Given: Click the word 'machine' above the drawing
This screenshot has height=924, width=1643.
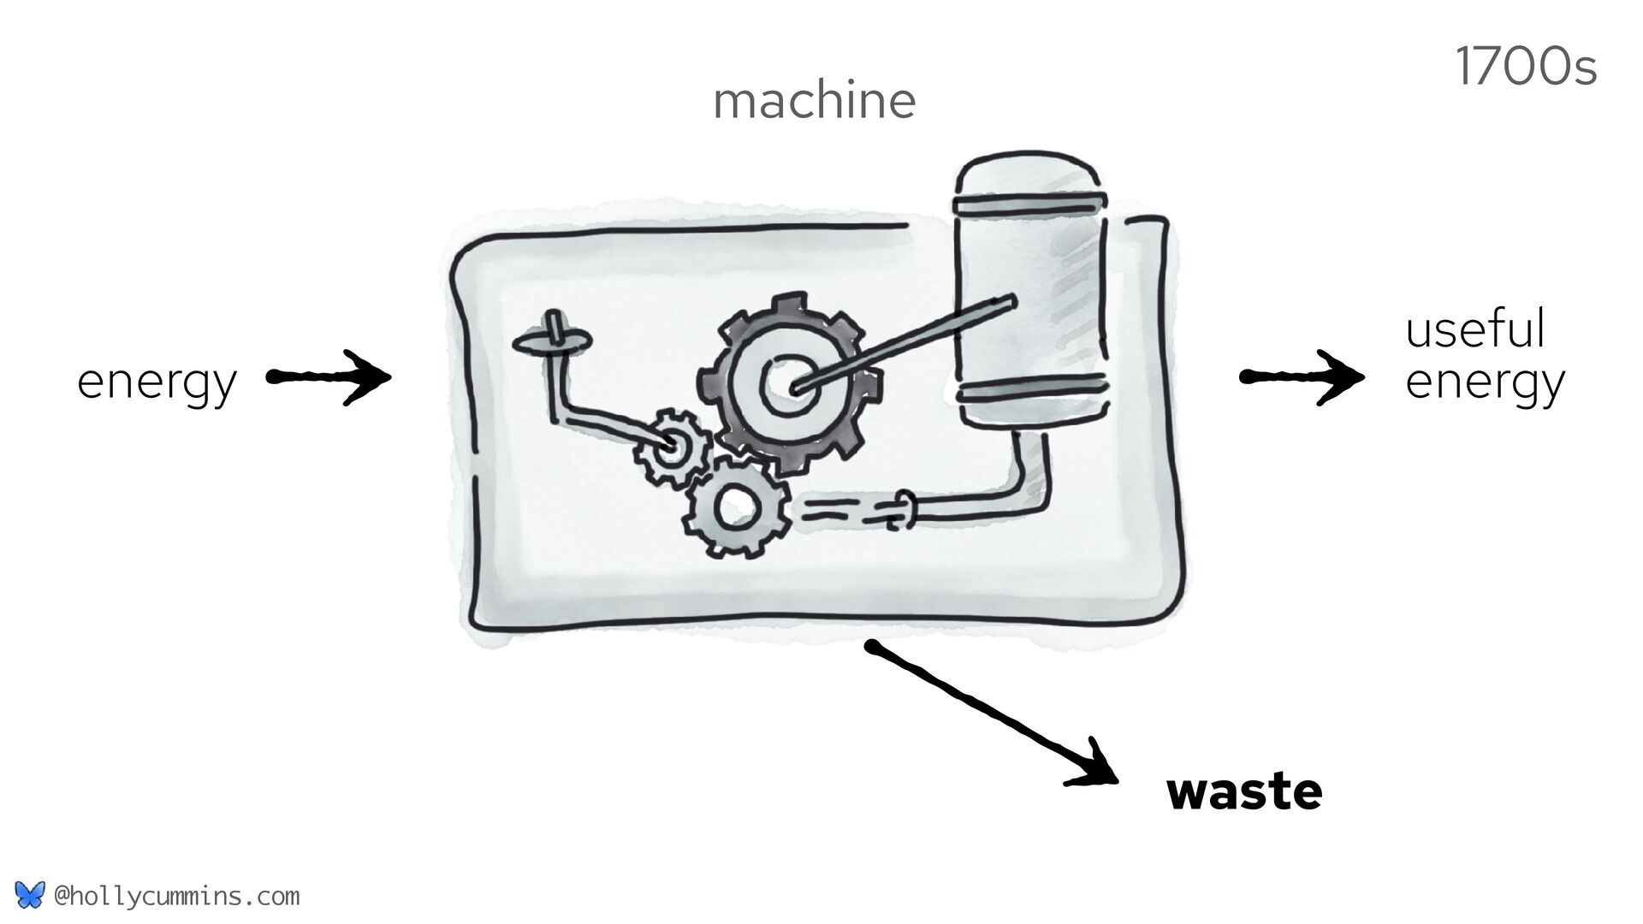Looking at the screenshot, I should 814,101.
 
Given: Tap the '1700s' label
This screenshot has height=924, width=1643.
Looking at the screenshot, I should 1526,68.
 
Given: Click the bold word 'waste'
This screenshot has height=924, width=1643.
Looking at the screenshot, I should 1243,792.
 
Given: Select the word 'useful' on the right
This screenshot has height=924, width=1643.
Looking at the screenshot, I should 1475,329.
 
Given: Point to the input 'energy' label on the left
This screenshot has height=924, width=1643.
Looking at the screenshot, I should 157,382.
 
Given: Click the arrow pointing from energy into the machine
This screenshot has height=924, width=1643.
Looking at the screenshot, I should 329,376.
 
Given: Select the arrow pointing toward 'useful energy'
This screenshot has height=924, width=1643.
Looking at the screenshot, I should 1302,376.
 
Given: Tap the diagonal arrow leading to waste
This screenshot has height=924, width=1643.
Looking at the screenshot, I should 993,714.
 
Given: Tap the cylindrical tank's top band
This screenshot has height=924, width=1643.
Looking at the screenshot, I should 1032,204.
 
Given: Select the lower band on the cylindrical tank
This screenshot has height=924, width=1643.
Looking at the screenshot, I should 1032,392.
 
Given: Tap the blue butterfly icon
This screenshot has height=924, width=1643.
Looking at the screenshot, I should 28,895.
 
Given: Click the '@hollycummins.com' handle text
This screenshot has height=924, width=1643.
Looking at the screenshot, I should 176,897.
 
